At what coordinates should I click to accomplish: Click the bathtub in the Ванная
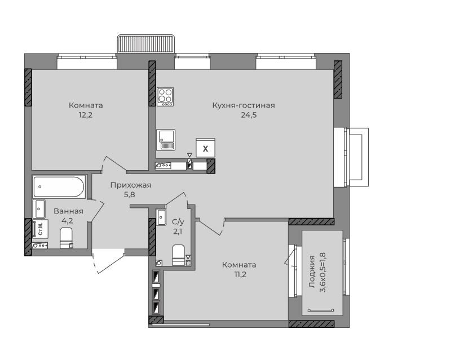point(59,186)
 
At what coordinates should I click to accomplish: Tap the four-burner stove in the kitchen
point(165,96)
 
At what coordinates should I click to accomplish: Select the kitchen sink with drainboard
point(166,140)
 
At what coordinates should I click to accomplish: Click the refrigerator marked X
point(205,148)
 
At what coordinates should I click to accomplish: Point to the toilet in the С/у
point(179,255)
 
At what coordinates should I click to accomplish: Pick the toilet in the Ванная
point(67,238)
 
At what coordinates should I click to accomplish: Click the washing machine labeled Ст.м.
point(40,229)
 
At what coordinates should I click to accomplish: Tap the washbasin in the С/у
point(161,217)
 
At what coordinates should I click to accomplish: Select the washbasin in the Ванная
point(39,208)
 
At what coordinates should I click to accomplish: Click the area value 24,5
point(249,115)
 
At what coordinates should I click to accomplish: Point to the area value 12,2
point(86,115)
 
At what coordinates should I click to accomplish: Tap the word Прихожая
point(131,185)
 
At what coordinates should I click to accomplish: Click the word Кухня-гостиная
point(244,105)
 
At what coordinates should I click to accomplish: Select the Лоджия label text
point(312,272)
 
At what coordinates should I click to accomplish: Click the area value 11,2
point(240,274)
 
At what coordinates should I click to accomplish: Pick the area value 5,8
point(130,195)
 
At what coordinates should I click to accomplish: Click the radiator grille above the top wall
point(146,44)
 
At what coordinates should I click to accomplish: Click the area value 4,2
point(67,221)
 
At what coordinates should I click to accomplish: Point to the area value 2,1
point(178,232)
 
